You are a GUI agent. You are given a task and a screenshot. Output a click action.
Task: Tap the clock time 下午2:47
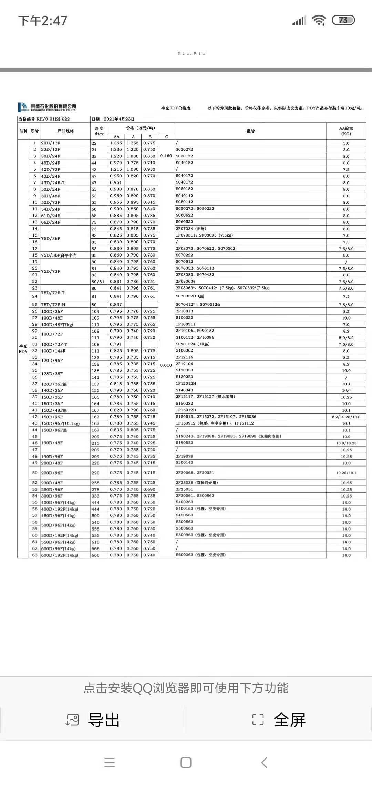pos(43,21)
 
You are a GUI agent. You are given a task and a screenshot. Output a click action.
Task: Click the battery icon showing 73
pos(343,20)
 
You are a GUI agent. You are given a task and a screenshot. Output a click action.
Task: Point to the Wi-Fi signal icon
pos(319,20)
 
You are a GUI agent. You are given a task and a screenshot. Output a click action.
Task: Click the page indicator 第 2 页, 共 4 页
pos(192,53)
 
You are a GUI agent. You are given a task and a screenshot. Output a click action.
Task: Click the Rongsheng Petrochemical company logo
pos(47,107)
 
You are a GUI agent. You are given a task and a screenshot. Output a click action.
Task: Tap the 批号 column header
pos(250,131)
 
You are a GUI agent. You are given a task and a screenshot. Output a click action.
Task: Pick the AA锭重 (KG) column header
pos(346,131)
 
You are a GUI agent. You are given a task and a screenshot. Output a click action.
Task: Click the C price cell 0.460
pos(166,156)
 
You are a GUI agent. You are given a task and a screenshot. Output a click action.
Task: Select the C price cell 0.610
pos(166,365)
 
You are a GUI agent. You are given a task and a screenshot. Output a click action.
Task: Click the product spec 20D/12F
pos(51,143)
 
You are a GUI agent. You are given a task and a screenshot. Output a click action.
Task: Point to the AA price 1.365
pos(116,143)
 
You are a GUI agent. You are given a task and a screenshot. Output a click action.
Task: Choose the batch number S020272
pos(184,149)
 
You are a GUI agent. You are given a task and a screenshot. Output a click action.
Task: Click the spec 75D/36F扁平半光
pos(59,255)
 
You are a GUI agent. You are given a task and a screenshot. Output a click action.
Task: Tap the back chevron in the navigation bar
pos(264,763)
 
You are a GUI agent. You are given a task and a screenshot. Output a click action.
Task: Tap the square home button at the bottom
pos(186,763)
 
